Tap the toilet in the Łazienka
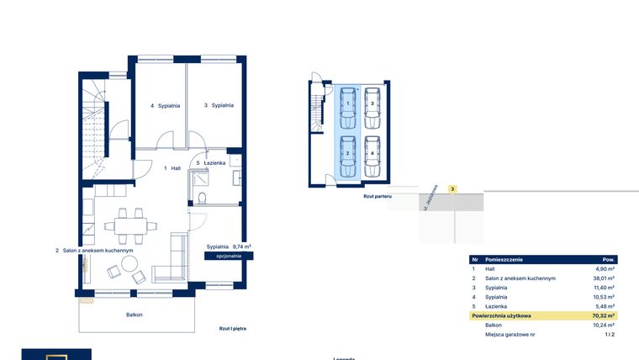[x=203, y=196]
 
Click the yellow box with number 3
[x=452, y=189]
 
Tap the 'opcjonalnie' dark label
[x=229, y=255]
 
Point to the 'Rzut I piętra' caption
[x=232, y=329]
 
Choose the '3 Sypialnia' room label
[x=219, y=106]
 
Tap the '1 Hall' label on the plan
[x=172, y=168]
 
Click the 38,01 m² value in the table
[x=604, y=278]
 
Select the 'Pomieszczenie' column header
[x=506, y=260]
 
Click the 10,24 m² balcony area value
[x=604, y=325]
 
